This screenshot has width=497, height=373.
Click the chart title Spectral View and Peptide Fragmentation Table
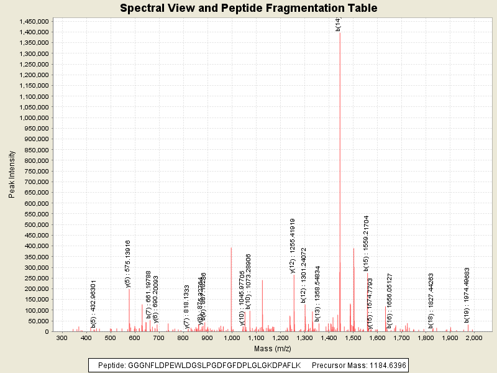pos(248,9)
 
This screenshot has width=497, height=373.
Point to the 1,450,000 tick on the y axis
pos(34,21)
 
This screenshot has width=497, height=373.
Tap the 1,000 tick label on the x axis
pos(232,338)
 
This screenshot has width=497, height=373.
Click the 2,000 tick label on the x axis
pos(474,338)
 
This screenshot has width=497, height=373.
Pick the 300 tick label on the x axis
pos(62,338)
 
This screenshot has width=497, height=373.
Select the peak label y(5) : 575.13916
pos(128,264)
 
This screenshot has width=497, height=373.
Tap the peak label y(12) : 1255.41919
pos(293,246)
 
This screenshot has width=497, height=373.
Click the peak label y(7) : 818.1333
pos(186,306)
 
